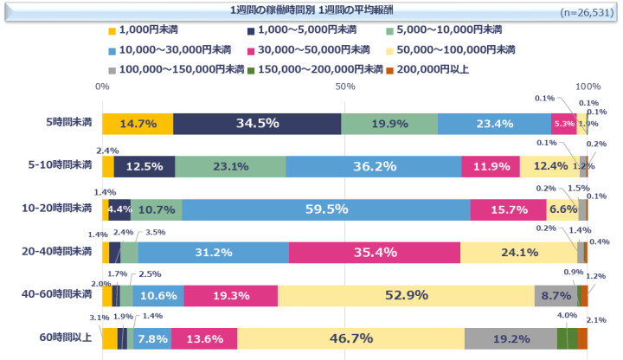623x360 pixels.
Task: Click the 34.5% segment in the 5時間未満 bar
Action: click(x=257, y=124)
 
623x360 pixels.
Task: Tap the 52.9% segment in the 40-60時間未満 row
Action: click(x=406, y=295)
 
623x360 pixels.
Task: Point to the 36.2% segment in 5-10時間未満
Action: click(x=373, y=166)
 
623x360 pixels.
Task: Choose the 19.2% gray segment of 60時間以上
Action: click(x=511, y=337)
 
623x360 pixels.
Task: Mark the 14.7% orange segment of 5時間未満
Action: click(x=138, y=124)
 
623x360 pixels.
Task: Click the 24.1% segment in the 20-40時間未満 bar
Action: click(x=517, y=252)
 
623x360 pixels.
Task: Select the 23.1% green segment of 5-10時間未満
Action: click(x=230, y=166)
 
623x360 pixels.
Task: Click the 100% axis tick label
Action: click(x=588, y=87)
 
